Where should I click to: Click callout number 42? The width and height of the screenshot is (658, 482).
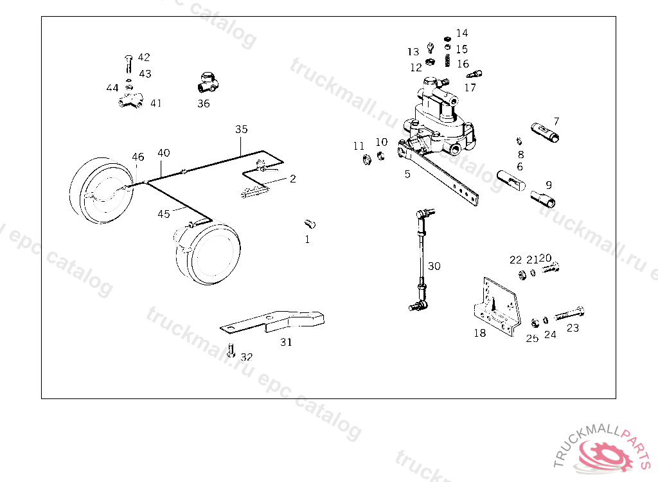[143, 57]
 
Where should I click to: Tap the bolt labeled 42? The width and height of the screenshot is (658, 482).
[128, 65]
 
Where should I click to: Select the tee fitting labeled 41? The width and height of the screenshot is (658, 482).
[131, 101]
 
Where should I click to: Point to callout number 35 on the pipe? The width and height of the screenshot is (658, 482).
[241, 129]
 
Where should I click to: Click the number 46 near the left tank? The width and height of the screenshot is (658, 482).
[138, 157]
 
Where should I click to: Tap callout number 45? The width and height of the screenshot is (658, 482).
[164, 213]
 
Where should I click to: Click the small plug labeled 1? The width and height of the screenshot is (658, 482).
[310, 224]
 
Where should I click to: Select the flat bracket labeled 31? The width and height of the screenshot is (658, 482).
[276, 321]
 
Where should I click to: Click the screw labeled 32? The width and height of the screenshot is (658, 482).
[231, 352]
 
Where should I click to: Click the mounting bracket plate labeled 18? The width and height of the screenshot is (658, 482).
[498, 305]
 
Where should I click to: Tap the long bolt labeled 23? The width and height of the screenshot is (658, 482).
[569, 314]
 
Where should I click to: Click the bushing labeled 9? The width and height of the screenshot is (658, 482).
[544, 199]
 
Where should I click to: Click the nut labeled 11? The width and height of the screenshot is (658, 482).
[366, 159]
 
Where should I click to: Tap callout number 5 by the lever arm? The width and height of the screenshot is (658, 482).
[407, 174]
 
